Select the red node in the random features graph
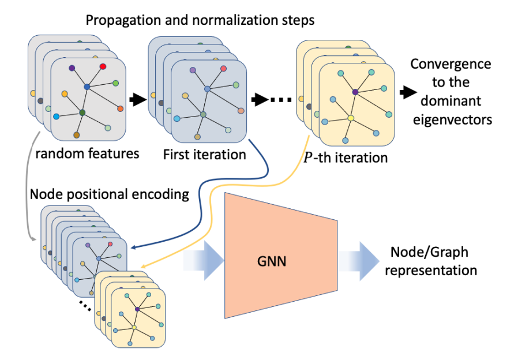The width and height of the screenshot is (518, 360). click(103, 67)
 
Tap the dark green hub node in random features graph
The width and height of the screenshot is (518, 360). click(82, 112)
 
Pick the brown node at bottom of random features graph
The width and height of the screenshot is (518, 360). click(76, 135)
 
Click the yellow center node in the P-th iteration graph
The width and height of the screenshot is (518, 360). click(351, 118)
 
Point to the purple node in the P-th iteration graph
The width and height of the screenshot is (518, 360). click(355, 92)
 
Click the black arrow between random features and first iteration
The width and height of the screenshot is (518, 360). click(137, 100)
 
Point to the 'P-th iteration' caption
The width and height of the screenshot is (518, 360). click(345, 157)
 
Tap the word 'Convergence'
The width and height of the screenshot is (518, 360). click(451, 63)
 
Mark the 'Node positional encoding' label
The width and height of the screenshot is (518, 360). click(110, 194)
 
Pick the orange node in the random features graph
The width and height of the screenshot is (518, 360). click(120, 108)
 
